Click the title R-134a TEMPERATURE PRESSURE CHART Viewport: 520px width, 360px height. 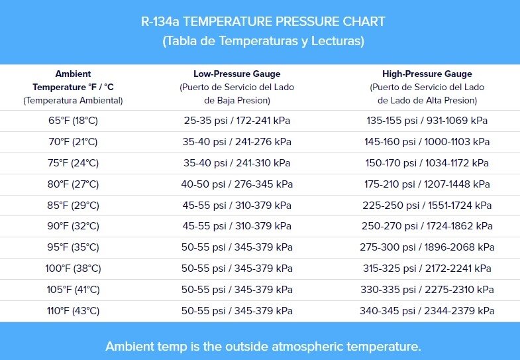263,21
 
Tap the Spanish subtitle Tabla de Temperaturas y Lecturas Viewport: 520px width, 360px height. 263,41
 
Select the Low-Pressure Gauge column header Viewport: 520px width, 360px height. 236,74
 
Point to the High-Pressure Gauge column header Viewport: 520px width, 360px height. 427,74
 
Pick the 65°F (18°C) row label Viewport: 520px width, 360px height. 73,121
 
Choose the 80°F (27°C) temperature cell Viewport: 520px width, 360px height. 73,184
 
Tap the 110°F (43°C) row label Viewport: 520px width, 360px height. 73,311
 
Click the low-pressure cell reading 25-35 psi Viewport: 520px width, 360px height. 236,121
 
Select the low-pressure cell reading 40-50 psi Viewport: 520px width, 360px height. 236,184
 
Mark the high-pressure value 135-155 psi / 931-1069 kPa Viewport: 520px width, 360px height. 427,121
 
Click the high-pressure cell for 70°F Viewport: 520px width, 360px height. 427,142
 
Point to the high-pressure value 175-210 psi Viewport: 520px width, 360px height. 427,184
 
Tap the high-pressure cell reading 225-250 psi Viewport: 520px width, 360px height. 427,206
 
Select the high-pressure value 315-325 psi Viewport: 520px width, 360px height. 427,269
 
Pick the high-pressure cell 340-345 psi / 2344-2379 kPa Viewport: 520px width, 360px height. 427,311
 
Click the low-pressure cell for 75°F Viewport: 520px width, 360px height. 236,163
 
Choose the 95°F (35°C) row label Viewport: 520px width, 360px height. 73,247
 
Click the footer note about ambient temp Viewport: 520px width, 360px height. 263,346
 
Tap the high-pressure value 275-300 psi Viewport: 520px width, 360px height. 427,247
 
